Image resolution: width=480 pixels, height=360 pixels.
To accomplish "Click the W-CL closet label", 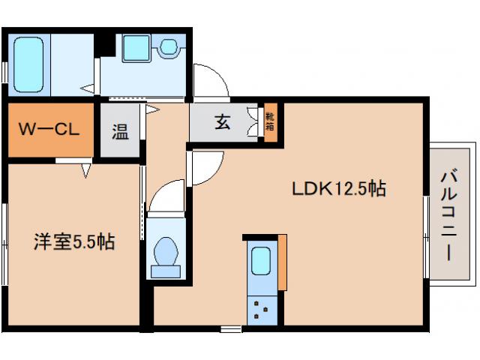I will click(49, 130).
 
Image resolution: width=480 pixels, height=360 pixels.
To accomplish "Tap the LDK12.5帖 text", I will click(338, 189).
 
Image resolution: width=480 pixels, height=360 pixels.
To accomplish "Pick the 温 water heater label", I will click(120, 132).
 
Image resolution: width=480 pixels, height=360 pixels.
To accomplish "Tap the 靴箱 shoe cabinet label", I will click(269, 122).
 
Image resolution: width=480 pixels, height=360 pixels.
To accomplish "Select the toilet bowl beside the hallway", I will click(164, 253).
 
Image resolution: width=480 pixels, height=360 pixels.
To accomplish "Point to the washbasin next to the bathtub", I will click(167, 47).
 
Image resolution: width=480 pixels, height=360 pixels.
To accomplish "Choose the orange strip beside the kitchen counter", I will click(283, 262).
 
